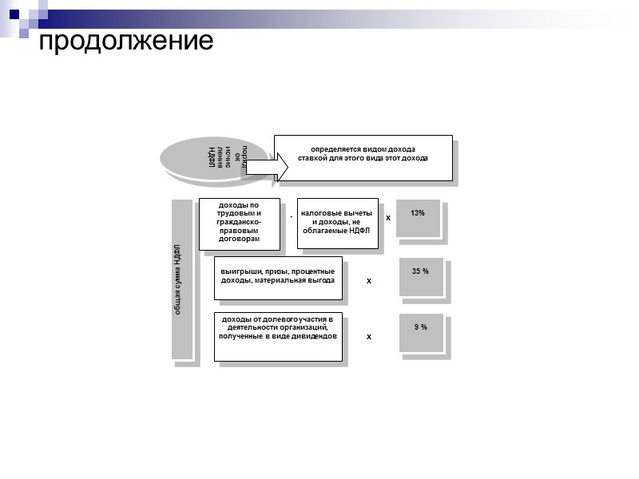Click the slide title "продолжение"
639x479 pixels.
pyautogui.click(x=126, y=40)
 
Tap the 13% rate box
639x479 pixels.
pyautogui.click(x=418, y=217)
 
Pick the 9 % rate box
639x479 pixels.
pyautogui.click(x=420, y=331)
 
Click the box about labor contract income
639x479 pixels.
pyautogui.click(x=240, y=224)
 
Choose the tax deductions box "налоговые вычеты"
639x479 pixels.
pyautogui.click(x=336, y=224)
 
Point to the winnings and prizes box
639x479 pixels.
pyautogui.click(x=278, y=278)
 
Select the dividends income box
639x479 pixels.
pyautogui.click(x=278, y=335)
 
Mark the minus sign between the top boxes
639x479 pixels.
pyautogui.click(x=292, y=216)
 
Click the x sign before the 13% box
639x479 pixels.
pyautogui.click(x=388, y=217)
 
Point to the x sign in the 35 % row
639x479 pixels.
pyautogui.click(x=369, y=282)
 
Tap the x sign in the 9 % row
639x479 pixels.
pyautogui.click(x=369, y=338)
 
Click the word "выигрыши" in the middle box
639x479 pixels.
pyautogui.click(x=237, y=272)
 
